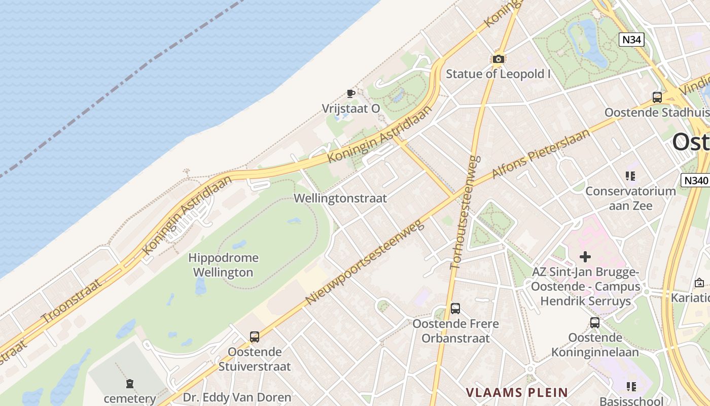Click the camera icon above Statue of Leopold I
coord(499,59)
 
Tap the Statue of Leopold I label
coord(498,74)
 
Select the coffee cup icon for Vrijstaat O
coord(350,93)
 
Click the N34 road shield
coord(631,40)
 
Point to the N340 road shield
coord(695,180)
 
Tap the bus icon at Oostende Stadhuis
coord(657,97)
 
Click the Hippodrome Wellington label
coord(223,265)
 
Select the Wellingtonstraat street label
coord(340,198)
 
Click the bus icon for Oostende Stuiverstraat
coord(255,336)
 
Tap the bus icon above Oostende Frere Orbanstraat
coord(455,309)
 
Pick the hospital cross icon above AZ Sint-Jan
coord(585,257)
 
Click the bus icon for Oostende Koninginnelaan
coord(595,322)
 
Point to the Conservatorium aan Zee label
coord(630,198)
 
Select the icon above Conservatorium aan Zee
coord(630,176)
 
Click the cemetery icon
coord(130,384)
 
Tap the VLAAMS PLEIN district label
coord(517,392)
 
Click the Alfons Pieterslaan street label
coord(541,154)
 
